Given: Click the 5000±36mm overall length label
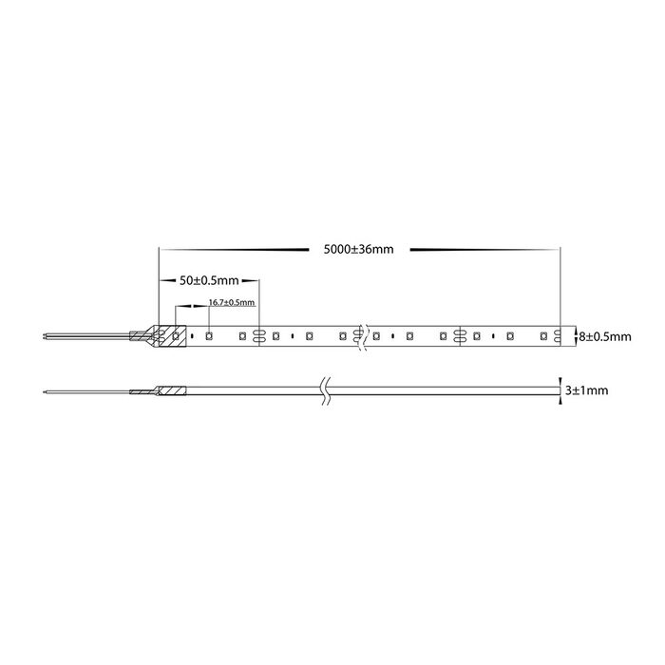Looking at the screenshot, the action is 358,249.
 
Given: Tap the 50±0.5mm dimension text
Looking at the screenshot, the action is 209,280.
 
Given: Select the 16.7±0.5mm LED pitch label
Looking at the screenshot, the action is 232,302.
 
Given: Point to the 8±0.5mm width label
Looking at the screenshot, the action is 605,336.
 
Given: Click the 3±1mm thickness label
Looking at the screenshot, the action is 586,390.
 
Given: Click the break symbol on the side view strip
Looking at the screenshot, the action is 325,391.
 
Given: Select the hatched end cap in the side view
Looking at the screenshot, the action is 172,390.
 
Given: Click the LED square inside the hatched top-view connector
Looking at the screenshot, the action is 175,336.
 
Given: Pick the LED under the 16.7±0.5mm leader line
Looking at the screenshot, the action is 209,336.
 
